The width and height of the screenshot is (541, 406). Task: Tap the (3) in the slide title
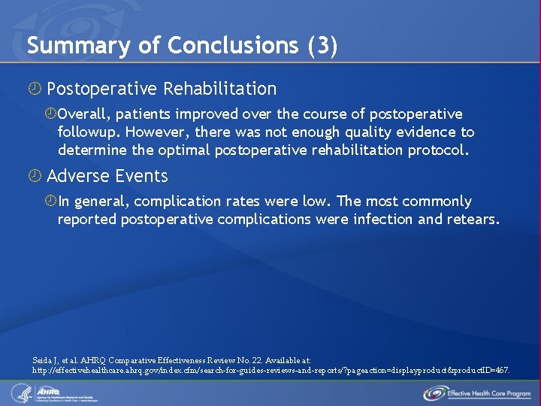pos(322,46)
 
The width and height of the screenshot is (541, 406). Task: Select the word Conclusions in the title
pos(233,46)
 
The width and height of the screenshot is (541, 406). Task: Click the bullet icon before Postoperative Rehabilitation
pos(35,89)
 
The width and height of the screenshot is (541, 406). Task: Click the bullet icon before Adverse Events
pos(35,176)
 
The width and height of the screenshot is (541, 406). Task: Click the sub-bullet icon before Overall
pos(51,114)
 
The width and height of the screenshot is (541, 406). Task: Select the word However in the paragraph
pos(156,132)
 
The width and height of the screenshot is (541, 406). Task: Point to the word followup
pos(89,132)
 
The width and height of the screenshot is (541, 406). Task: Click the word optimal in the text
pos(185,150)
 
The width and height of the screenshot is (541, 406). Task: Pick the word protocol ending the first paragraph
pos(437,150)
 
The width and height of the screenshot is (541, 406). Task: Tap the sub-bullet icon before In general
pos(51,201)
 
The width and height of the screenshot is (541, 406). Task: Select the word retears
pos(472,220)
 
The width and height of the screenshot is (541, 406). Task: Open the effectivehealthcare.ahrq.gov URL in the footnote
pos(270,371)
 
